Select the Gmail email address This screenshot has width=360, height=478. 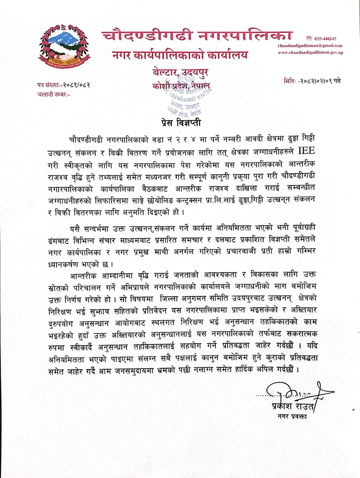point(310,46)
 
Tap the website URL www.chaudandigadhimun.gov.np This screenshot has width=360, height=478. point(310,52)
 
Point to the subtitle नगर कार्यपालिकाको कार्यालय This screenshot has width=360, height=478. point(180,55)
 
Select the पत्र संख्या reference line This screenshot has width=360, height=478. point(64,85)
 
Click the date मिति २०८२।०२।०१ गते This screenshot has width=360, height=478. point(312,81)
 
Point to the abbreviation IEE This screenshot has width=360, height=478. point(306,151)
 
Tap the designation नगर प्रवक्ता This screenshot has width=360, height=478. point(292,416)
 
